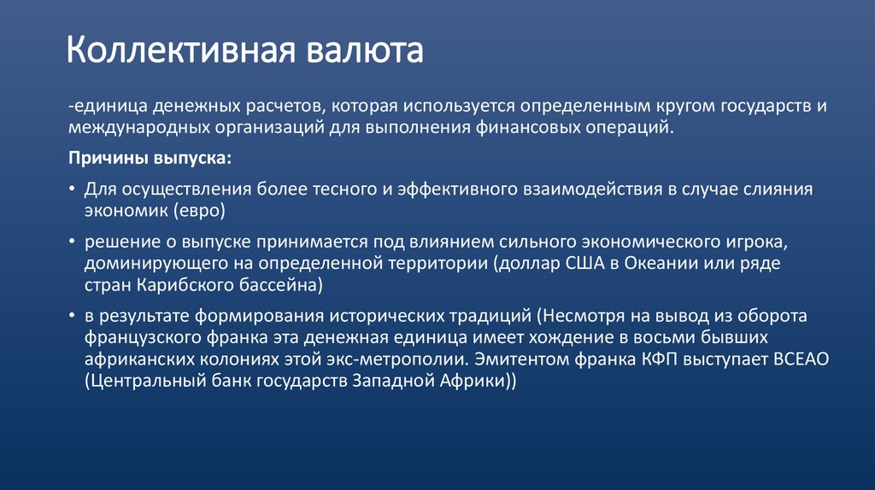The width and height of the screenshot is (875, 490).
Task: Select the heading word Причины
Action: [106, 159]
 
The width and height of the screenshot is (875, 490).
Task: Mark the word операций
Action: [624, 128]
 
